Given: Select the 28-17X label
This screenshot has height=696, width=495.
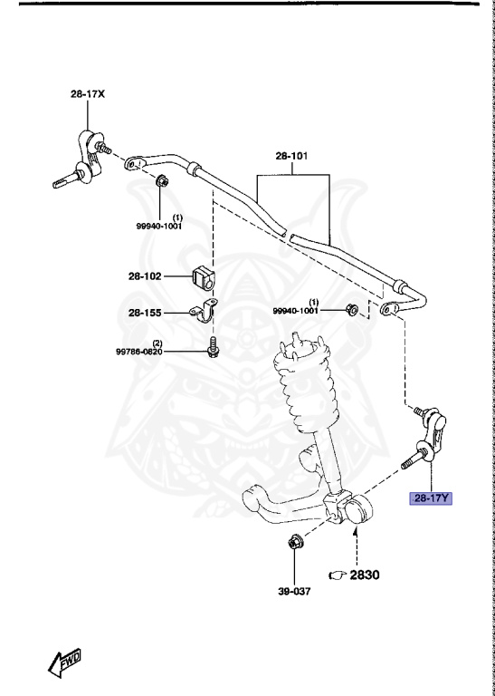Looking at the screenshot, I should pyautogui.click(x=88, y=94).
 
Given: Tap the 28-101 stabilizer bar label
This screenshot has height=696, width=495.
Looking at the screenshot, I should pyautogui.click(x=292, y=155).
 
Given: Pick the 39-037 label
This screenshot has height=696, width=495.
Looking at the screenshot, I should pyautogui.click(x=294, y=594).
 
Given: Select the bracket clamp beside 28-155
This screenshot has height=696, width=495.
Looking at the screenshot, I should pyautogui.click(x=201, y=313).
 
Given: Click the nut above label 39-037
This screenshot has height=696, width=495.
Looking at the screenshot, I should pyautogui.click(x=294, y=546).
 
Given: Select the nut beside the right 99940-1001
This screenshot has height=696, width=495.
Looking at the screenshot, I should pyautogui.click(x=353, y=311).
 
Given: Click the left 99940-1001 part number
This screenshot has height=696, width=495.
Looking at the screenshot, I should pyautogui.click(x=160, y=227).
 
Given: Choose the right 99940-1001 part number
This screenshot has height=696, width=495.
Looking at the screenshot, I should pyautogui.click(x=296, y=311).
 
